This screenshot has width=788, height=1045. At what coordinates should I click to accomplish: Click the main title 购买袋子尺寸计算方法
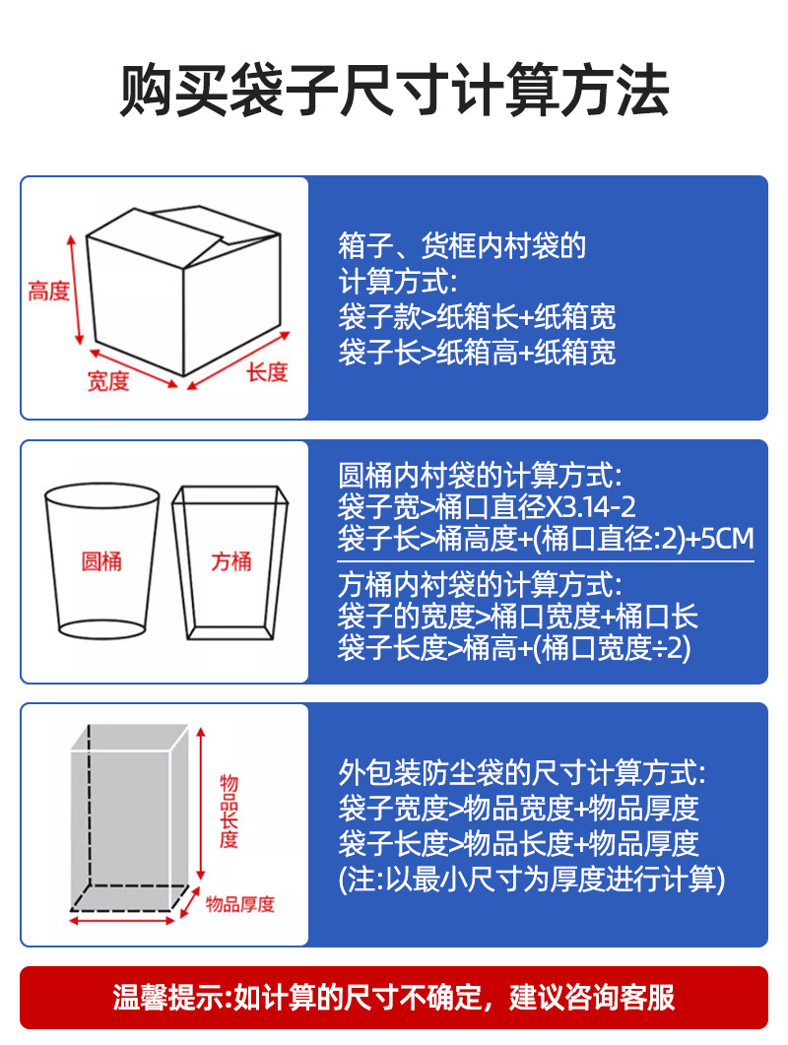click(x=394, y=93)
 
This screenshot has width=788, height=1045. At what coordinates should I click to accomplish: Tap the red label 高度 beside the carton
click(x=48, y=292)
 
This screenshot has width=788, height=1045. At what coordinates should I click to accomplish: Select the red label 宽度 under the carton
click(x=108, y=380)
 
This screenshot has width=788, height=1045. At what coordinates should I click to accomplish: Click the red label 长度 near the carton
click(x=266, y=371)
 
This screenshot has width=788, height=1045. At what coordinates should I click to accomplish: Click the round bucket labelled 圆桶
click(x=101, y=561)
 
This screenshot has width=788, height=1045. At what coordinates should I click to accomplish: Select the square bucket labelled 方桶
click(x=230, y=561)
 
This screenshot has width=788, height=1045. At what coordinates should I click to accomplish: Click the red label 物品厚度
click(x=241, y=904)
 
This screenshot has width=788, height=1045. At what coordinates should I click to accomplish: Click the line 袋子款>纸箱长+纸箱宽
click(x=477, y=316)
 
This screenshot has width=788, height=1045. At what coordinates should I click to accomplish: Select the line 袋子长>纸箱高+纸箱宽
click(x=477, y=352)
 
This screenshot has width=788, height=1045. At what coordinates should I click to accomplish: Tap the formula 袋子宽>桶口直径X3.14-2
click(x=487, y=507)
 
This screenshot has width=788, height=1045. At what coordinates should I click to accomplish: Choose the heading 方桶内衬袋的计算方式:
click(x=480, y=583)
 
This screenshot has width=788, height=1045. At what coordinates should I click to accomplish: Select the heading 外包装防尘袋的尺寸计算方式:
click(x=522, y=771)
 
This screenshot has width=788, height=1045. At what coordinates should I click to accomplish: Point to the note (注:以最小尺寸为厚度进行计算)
click(x=531, y=879)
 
